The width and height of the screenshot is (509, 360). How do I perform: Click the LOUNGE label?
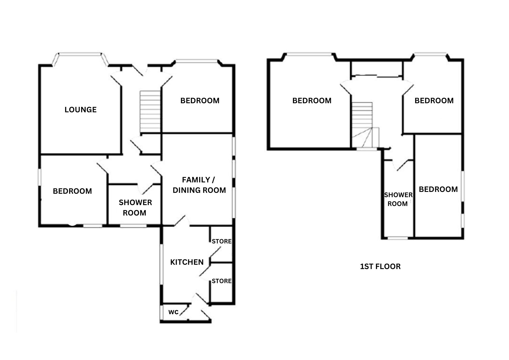point(80,109)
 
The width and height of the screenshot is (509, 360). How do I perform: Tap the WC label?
point(173,312)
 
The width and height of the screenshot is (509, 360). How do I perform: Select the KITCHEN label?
point(187,262)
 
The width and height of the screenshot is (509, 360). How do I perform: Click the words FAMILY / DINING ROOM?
point(199,185)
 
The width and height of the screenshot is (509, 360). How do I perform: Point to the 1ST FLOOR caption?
point(380,266)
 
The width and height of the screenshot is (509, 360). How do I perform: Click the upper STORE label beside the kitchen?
point(221,241)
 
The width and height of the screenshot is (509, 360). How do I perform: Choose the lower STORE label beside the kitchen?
point(221,281)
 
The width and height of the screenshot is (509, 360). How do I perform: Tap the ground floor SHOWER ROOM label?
point(135,208)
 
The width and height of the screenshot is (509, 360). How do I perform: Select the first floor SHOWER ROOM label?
point(398,199)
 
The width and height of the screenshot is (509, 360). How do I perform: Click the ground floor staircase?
point(150,111)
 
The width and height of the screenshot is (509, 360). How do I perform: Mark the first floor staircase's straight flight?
point(362,115)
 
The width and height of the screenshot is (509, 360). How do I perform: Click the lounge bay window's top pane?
point(80,54)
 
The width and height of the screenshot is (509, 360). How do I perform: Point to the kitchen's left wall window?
point(162,264)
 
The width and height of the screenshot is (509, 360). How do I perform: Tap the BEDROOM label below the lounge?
point(72,191)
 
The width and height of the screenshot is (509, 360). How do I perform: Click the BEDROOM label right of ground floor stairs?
point(200,101)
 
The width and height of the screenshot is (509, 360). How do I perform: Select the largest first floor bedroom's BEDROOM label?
point(312,101)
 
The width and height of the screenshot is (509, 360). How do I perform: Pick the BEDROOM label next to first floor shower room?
point(438,189)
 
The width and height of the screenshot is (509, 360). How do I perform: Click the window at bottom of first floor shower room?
point(398,238)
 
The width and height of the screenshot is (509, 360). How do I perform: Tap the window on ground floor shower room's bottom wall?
point(133,226)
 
